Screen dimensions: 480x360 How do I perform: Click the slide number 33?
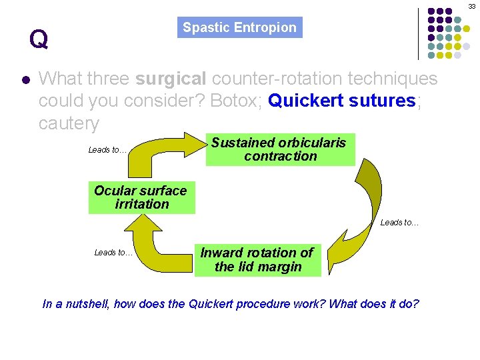coord(472,5)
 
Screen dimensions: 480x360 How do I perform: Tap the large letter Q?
coord(39,39)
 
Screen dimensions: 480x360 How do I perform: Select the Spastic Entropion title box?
coord(240,27)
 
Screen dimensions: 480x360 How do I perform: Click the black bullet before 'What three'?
coord(25,79)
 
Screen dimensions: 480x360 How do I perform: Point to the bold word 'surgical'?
coord(171,79)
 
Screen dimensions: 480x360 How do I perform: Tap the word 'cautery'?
coord(69,123)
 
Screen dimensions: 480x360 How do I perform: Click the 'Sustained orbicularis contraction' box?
coord(279,149)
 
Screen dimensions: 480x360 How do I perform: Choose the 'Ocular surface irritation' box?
coord(141,197)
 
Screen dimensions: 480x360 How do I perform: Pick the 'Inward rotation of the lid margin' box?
coord(257,260)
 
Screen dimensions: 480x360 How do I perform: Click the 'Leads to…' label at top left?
coord(107,150)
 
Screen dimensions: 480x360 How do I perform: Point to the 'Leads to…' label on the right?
coord(399,223)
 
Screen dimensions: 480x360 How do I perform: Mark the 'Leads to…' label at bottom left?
coord(113,252)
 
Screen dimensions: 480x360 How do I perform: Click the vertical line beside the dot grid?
coord(419,33)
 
